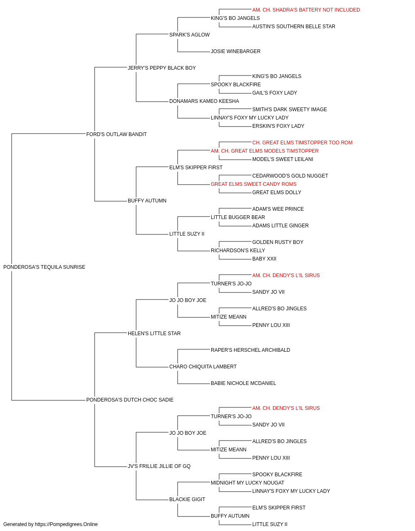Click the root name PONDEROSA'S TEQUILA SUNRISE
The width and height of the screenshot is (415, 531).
44,267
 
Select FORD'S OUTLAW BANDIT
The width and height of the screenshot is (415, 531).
116,134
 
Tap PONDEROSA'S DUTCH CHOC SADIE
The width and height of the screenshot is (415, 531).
130,399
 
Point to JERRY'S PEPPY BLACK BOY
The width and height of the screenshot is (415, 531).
161,68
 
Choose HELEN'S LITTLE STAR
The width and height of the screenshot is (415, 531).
154,333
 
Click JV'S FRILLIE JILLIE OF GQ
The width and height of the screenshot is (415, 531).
159,466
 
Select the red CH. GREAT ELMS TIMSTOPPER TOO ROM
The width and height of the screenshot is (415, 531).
303,142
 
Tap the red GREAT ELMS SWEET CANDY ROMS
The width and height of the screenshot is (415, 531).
254,184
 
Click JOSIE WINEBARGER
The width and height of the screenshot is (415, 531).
236,51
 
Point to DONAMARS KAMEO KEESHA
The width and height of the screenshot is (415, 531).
204,101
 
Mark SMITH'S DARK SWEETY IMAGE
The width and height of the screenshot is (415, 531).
289,109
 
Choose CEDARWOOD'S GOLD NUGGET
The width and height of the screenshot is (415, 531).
290,176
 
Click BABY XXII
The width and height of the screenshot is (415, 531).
264,258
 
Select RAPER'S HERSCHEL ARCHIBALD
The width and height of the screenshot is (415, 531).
250,350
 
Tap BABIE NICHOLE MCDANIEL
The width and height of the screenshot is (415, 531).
243,383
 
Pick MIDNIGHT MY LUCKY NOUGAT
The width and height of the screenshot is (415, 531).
247,482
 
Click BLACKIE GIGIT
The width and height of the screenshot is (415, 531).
187,499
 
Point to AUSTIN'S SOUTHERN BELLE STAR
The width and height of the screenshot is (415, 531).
293,27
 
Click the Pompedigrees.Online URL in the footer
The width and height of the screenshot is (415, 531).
66,524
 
